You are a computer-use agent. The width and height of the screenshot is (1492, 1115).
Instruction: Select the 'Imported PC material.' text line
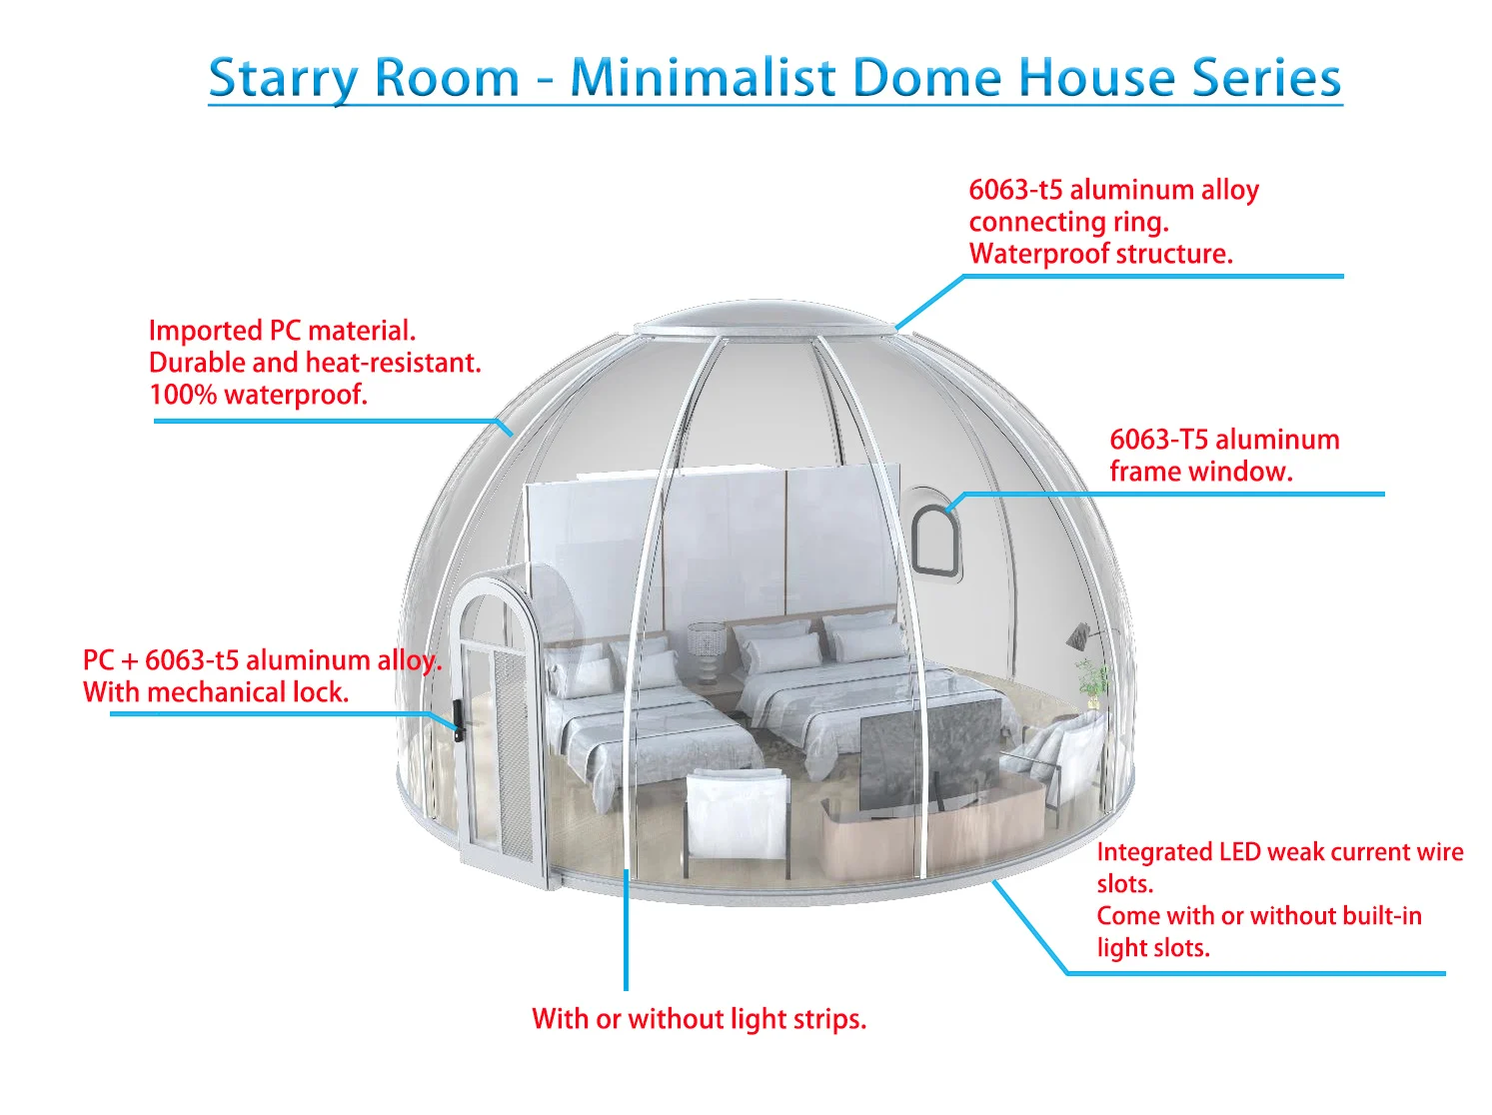(282, 331)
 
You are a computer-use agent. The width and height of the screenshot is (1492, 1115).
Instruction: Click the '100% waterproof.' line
(258, 395)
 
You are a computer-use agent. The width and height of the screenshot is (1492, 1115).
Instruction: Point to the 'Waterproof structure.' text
(1100, 254)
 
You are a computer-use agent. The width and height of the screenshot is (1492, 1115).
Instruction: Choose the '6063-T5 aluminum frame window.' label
(1223, 456)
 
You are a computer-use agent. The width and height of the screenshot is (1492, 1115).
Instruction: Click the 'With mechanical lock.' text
(216, 692)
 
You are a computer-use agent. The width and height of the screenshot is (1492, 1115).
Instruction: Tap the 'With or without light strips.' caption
(699, 1019)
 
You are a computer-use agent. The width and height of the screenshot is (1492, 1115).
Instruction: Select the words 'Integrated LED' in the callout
(1153, 852)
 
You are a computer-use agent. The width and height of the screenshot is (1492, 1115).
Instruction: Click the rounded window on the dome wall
(933, 540)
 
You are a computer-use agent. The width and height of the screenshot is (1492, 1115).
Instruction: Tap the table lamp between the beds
(707, 650)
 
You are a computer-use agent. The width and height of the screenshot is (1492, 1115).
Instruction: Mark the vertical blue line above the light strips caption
(626, 929)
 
